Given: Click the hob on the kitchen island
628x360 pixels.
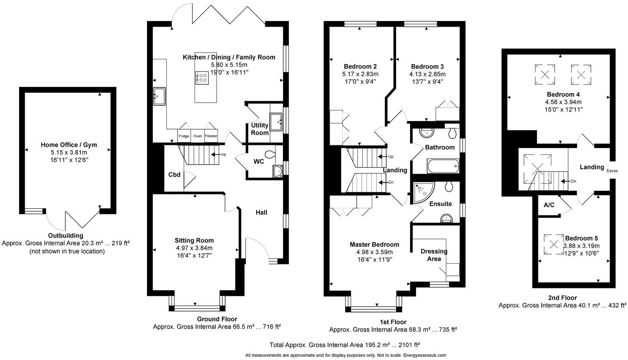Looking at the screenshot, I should (x=202, y=77).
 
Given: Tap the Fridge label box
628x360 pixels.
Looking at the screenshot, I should (x=184, y=136).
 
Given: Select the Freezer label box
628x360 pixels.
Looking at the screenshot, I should (x=211, y=136).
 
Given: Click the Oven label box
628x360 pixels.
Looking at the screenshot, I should (x=198, y=136).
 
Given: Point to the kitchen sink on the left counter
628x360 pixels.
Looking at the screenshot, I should (x=159, y=96).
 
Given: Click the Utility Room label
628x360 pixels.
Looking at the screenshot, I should (x=260, y=129).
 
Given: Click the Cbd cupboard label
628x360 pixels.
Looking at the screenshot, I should (x=174, y=174).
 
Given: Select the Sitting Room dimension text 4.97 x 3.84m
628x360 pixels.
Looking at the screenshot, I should (x=194, y=248).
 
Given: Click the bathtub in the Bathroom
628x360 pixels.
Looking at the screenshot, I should (x=443, y=166).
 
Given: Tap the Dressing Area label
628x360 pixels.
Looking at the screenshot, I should (x=434, y=255).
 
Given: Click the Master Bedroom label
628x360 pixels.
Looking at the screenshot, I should (x=374, y=245).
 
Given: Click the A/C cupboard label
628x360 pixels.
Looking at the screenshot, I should (x=549, y=205).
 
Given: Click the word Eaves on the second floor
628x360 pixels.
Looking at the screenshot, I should (x=612, y=171).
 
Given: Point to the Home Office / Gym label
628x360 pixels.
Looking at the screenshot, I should (x=69, y=145).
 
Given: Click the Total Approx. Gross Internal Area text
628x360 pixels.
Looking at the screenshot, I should (x=345, y=345).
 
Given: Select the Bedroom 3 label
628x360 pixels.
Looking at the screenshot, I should (x=427, y=67).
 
